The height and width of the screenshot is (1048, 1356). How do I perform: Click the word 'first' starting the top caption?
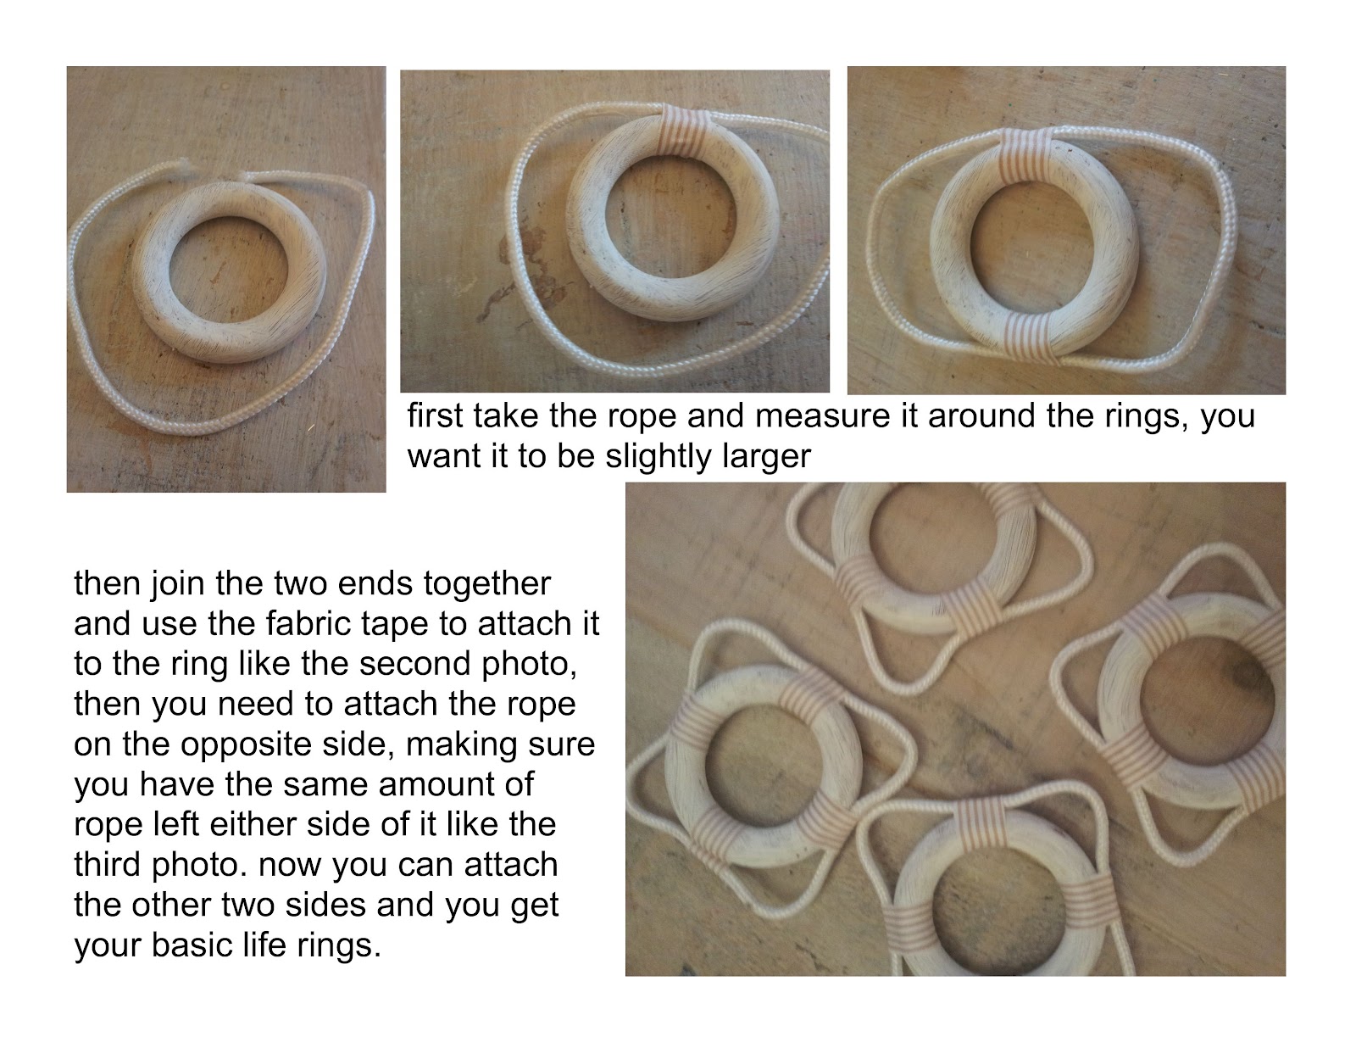pos(433,417)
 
